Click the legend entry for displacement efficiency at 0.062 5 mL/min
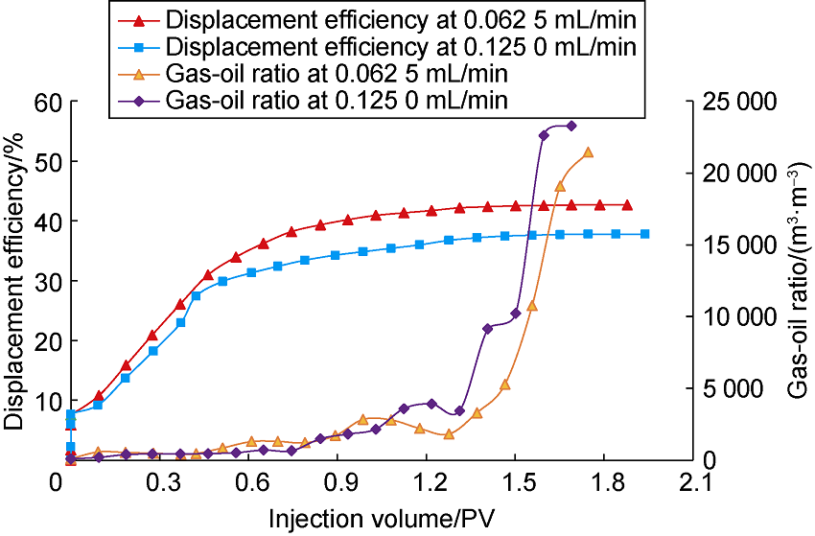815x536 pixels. click(399, 19)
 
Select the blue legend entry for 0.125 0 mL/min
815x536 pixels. click(399, 46)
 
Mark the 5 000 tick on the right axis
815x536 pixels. click(734, 389)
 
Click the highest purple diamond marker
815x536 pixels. click(572, 126)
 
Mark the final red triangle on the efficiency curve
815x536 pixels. click(628, 205)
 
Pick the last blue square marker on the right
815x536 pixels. click(644, 234)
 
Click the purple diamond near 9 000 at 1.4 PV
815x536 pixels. click(487, 329)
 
